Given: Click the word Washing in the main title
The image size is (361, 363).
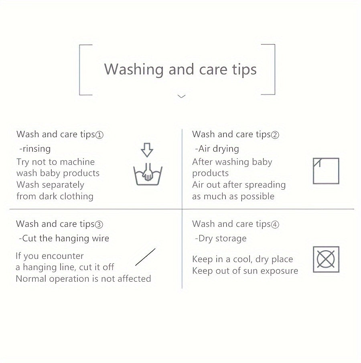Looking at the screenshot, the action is (134, 70).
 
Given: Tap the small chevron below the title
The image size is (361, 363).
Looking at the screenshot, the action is (181, 96).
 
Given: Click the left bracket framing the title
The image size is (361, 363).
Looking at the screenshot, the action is (80, 70).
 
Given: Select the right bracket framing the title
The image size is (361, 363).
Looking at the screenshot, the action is (274, 70).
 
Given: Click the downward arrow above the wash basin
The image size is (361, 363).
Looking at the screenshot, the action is (147, 150).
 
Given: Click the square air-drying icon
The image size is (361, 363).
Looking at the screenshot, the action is (326, 171).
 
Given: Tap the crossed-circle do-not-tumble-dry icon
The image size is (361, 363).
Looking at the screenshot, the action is (326, 259).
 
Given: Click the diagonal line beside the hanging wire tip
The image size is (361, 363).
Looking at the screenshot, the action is (146, 257).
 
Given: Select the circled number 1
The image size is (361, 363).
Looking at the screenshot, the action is (99, 135).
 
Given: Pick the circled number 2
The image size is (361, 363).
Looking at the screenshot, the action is (275, 135).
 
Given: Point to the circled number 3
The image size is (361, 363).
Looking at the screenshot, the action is (99, 225).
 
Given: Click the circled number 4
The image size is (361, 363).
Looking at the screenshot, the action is (275, 225).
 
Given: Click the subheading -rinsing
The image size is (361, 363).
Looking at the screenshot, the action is (35, 149).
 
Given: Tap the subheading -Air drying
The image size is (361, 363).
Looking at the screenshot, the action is (217, 149).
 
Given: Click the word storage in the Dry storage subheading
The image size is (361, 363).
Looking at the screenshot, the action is (231, 239).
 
